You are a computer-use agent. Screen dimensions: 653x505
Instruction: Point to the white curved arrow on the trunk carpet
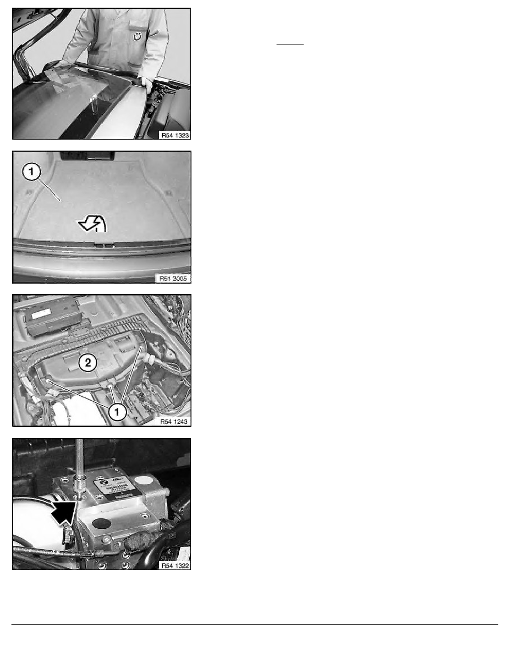coord(92,224)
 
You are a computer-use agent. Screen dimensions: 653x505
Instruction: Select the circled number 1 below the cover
coord(118,411)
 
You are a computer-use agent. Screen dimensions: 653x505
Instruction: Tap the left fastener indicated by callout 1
coord(48,379)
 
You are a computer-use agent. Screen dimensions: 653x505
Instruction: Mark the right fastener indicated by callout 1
coord(142,348)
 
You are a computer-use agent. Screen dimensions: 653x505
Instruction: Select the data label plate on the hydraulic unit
coord(118,488)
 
